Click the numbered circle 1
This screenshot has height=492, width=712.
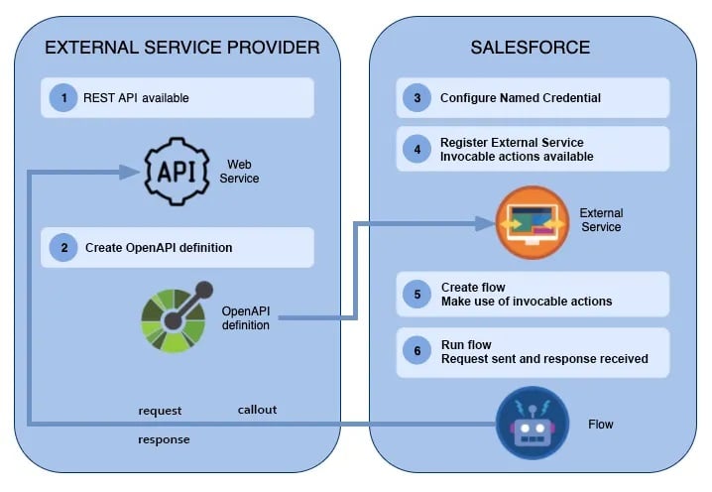[x=63, y=98]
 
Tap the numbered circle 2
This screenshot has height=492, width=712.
[x=63, y=248]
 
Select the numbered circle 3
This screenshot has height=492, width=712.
[x=417, y=98]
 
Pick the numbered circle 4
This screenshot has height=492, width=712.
[x=417, y=149]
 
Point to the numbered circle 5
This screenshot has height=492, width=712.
[x=417, y=294]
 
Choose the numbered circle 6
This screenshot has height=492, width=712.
[x=417, y=351]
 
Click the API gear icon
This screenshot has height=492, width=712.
[x=177, y=171]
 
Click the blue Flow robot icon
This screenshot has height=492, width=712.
[x=533, y=424]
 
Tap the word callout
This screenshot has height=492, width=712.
[x=257, y=410]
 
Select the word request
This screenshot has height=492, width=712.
[x=160, y=411]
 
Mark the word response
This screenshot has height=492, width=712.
[x=164, y=438]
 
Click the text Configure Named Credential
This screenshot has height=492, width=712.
[x=521, y=98]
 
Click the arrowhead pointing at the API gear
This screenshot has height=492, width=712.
[x=128, y=172]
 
